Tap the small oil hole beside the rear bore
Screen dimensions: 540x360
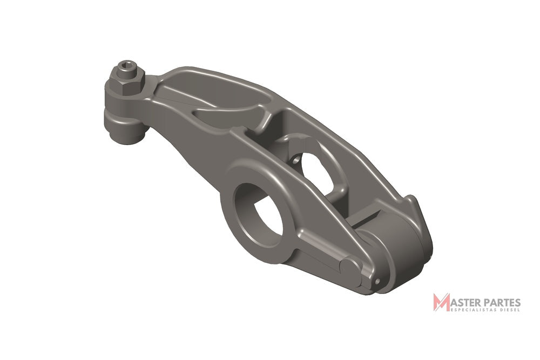296,160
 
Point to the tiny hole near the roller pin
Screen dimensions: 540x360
377,281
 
